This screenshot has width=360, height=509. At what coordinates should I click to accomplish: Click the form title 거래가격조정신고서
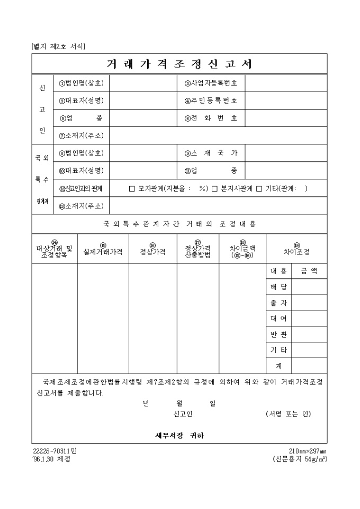[x=179, y=64]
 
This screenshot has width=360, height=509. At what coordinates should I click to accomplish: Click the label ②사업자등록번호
[x=211, y=83]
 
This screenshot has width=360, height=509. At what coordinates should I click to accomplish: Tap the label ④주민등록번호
[x=211, y=101]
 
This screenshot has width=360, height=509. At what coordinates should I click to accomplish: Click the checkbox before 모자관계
[x=132, y=188]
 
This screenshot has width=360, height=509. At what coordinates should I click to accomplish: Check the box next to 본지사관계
[x=215, y=188]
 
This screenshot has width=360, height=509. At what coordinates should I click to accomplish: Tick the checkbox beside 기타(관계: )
[x=259, y=188]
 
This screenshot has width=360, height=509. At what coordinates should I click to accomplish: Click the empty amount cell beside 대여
[x=309, y=319]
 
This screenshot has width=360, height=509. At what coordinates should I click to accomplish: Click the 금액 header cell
[x=309, y=271]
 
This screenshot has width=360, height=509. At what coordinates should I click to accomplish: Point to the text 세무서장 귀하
[x=179, y=435]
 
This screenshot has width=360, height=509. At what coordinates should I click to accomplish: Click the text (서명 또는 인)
[x=288, y=414]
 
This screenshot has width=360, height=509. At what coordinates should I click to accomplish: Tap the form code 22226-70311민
[x=55, y=451]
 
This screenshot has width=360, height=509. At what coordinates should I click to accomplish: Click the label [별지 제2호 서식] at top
[x=58, y=46]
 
